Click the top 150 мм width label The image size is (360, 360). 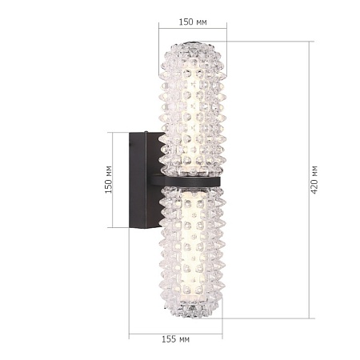click(191, 22)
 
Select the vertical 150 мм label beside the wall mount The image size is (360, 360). click(109, 181)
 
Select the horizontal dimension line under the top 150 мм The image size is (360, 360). click(191, 32)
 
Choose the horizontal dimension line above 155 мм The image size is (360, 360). click(175, 330)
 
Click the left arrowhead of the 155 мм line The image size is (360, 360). click(131, 330)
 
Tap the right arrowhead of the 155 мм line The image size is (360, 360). click(221, 330)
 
